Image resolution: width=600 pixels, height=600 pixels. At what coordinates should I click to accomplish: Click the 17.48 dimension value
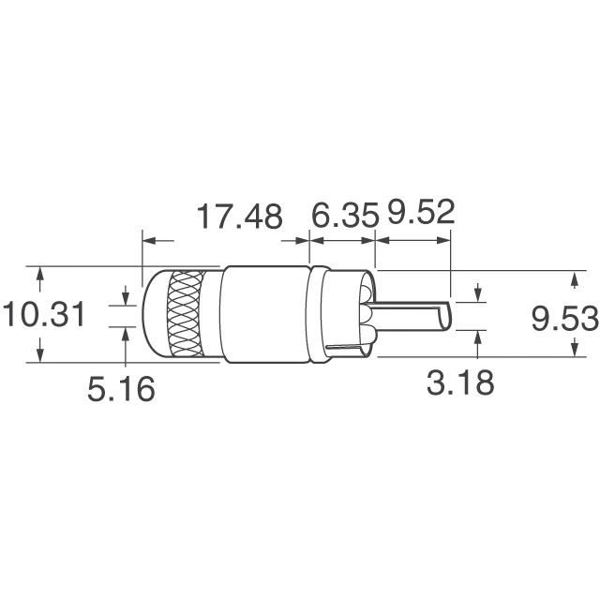click(x=238, y=217)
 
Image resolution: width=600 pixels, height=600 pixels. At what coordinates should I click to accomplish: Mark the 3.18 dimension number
click(x=458, y=382)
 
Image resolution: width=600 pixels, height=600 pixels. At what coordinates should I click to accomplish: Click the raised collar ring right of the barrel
click(x=319, y=315)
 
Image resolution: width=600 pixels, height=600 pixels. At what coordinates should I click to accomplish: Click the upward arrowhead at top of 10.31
click(x=39, y=273)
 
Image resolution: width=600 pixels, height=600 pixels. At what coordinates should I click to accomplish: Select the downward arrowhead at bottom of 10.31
click(x=39, y=356)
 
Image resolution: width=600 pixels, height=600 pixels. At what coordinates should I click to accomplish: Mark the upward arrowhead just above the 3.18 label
click(x=478, y=337)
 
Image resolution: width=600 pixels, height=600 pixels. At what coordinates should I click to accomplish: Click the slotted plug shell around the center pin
click(x=352, y=315)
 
